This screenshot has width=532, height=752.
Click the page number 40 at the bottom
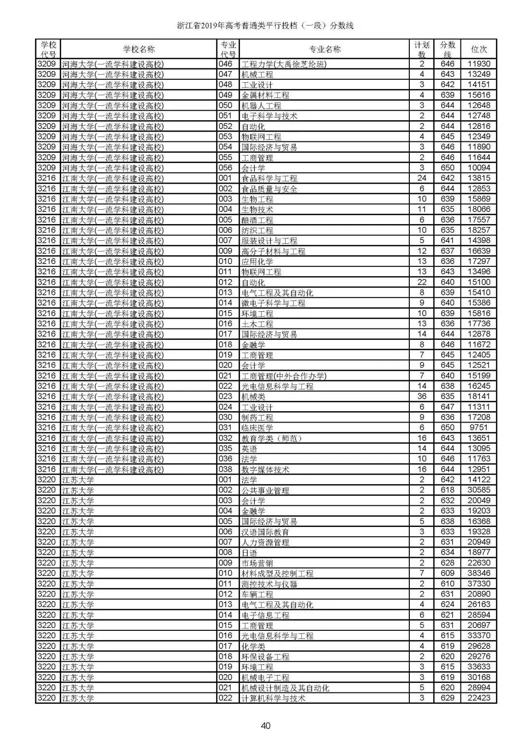click(x=266, y=725)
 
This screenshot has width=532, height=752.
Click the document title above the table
click(x=266, y=26)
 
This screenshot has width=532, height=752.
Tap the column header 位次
click(x=479, y=49)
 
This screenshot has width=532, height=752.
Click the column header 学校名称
click(x=138, y=49)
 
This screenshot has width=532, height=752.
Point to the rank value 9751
click(x=479, y=428)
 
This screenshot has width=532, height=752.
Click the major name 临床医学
click(x=257, y=428)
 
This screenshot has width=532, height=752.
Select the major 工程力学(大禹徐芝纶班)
click(x=284, y=64)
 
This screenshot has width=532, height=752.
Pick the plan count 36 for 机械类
click(x=422, y=396)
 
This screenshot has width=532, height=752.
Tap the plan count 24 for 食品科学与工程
click(x=422, y=178)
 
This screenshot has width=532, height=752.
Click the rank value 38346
click(x=479, y=573)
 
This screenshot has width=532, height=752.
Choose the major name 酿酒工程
click(x=257, y=220)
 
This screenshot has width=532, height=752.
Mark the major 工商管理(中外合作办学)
click(x=284, y=376)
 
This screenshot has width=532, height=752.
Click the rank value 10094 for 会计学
click(x=479, y=168)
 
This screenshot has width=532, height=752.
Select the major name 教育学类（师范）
click(x=271, y=438)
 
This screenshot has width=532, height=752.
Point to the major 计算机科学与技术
click(x=273, y=698)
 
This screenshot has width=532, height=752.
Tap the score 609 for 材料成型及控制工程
click(x=447, y=573)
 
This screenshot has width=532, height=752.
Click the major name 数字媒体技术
click(x=265, y=469)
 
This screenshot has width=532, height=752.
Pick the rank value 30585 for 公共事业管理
click(x=479, y=490)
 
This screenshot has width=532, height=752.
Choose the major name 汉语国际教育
click(x=265, y=532)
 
